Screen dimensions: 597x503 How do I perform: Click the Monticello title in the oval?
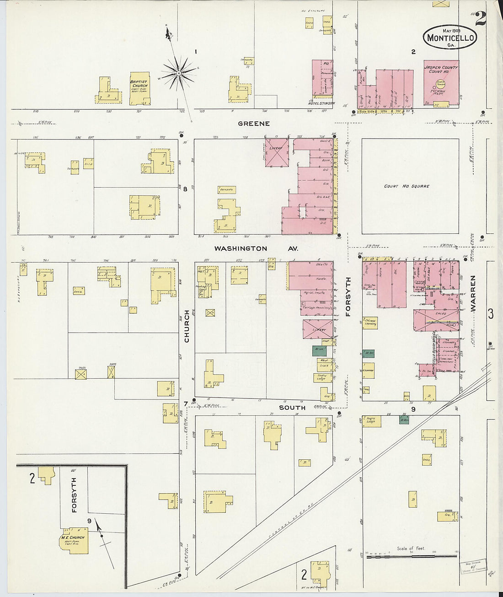(x=450, y=38)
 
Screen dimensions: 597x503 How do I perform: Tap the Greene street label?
(x=253, y=124)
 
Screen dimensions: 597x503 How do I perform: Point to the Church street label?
(x=187, y=326)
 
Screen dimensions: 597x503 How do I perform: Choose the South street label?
(x=292, y=407)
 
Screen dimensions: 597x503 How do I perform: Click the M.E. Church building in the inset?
(x=73, y=541)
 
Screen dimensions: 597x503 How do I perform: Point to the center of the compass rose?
(x=179, y=72)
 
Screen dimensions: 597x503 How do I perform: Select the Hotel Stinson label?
(x=323, y=103)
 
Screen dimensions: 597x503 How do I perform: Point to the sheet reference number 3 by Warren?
(x=491, y=314)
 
